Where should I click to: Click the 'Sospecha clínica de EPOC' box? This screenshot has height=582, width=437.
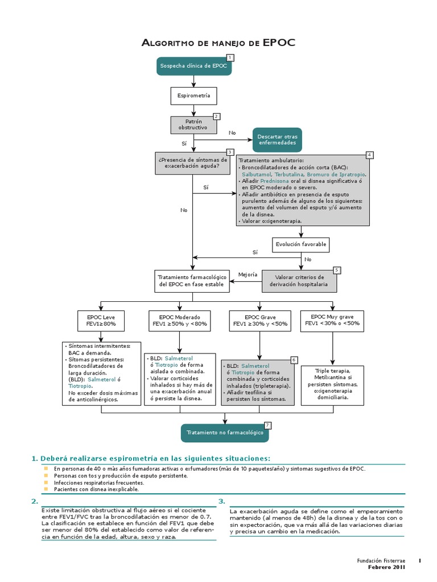[193, 66]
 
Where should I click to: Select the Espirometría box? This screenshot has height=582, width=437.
[193, 96]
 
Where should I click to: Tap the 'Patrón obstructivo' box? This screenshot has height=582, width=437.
[193, 125]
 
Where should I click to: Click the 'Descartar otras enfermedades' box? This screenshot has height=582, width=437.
[277, 140]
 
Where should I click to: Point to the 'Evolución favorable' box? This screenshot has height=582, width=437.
[301, 244]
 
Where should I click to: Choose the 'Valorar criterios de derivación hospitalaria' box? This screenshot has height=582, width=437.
[299, 280]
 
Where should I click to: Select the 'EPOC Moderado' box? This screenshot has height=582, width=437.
[180, 320]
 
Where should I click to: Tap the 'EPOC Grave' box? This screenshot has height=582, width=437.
[260, 320]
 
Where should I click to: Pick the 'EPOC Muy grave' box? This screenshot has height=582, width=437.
[332, 320]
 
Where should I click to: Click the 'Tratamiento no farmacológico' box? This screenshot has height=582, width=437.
[225, 433]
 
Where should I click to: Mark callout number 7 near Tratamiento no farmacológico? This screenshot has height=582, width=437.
[267, 425]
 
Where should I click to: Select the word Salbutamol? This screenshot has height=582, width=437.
[257, 174]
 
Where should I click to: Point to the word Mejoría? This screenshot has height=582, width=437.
[248, 275]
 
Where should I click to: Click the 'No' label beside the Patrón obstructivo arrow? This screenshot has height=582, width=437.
[232, 132]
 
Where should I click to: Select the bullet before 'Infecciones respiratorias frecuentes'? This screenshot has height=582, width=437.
[47, 482]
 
